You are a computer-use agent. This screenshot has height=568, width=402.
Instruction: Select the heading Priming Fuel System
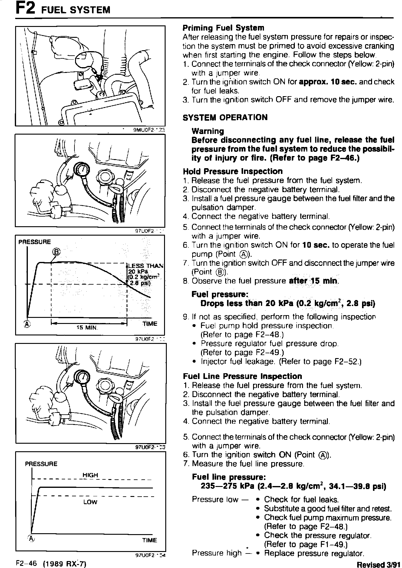tap(223, 28)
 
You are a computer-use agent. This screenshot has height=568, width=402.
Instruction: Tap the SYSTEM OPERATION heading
tap(225, 117)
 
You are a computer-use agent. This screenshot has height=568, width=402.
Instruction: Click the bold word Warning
tap(208, 131)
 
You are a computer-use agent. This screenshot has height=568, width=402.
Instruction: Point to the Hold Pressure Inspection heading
tap(232, 171)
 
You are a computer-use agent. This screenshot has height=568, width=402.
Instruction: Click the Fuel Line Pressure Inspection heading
tap(242, 376)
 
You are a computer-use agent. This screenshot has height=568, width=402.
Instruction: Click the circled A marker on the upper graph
tap(27, 324)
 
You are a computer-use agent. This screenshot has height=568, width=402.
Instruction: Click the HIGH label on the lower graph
tap(90, 475)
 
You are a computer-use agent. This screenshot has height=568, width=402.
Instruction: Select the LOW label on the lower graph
tap(90, 502)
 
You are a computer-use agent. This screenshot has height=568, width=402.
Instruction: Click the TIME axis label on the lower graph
tap(150, 540)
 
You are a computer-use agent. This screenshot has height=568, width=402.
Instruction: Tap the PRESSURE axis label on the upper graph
tap(35, 242)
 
